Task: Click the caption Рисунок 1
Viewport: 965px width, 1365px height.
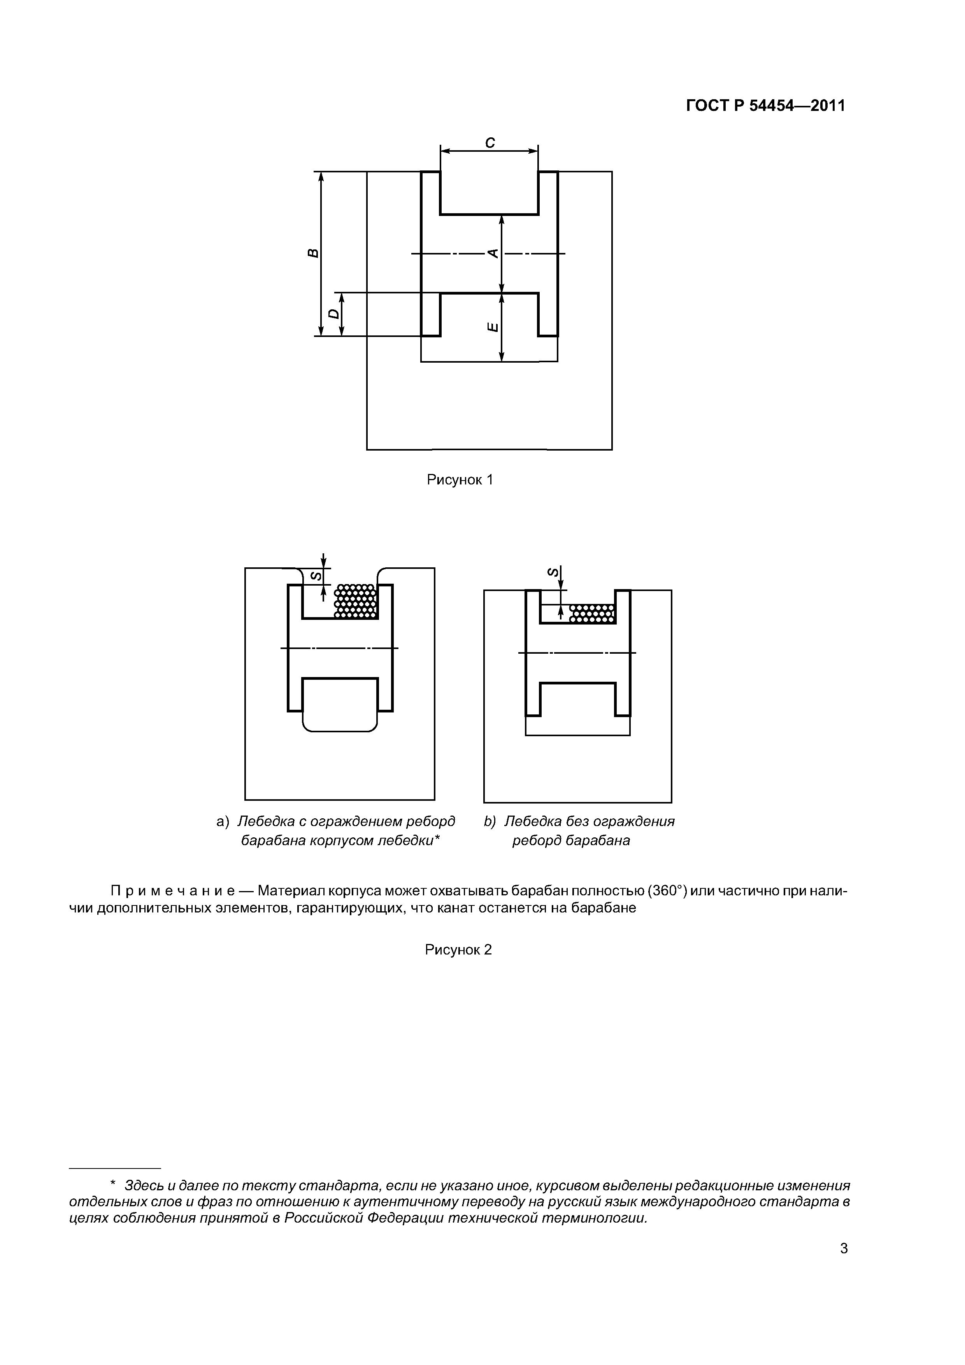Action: [460, 480]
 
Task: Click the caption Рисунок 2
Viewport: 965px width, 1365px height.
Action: [458, 949]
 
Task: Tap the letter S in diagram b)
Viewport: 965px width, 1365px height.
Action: [553, 572]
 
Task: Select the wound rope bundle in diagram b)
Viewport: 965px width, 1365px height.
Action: [591, 614]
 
